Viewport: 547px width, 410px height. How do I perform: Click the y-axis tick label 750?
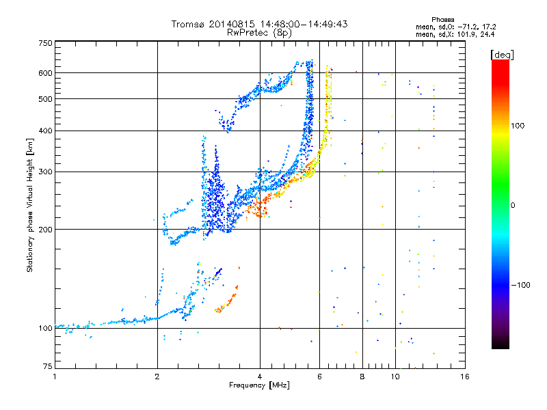click(46, 43)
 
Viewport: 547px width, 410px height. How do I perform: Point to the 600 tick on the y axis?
click(46, 73)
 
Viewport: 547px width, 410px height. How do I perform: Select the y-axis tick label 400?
click(46, 131)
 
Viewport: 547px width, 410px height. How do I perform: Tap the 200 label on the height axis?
click(46, 230)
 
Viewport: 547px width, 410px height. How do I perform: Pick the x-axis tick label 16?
click(464, 377)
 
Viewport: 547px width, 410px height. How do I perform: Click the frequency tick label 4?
click(260, 377)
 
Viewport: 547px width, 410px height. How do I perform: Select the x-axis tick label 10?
click(395, 377)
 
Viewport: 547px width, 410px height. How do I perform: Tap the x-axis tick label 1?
click(55, 377)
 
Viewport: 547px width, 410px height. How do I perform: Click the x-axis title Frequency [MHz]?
click(259, 385)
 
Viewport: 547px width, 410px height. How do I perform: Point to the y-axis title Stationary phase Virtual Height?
click(31, 205)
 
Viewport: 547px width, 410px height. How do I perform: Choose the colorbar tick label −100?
click(520, 285)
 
